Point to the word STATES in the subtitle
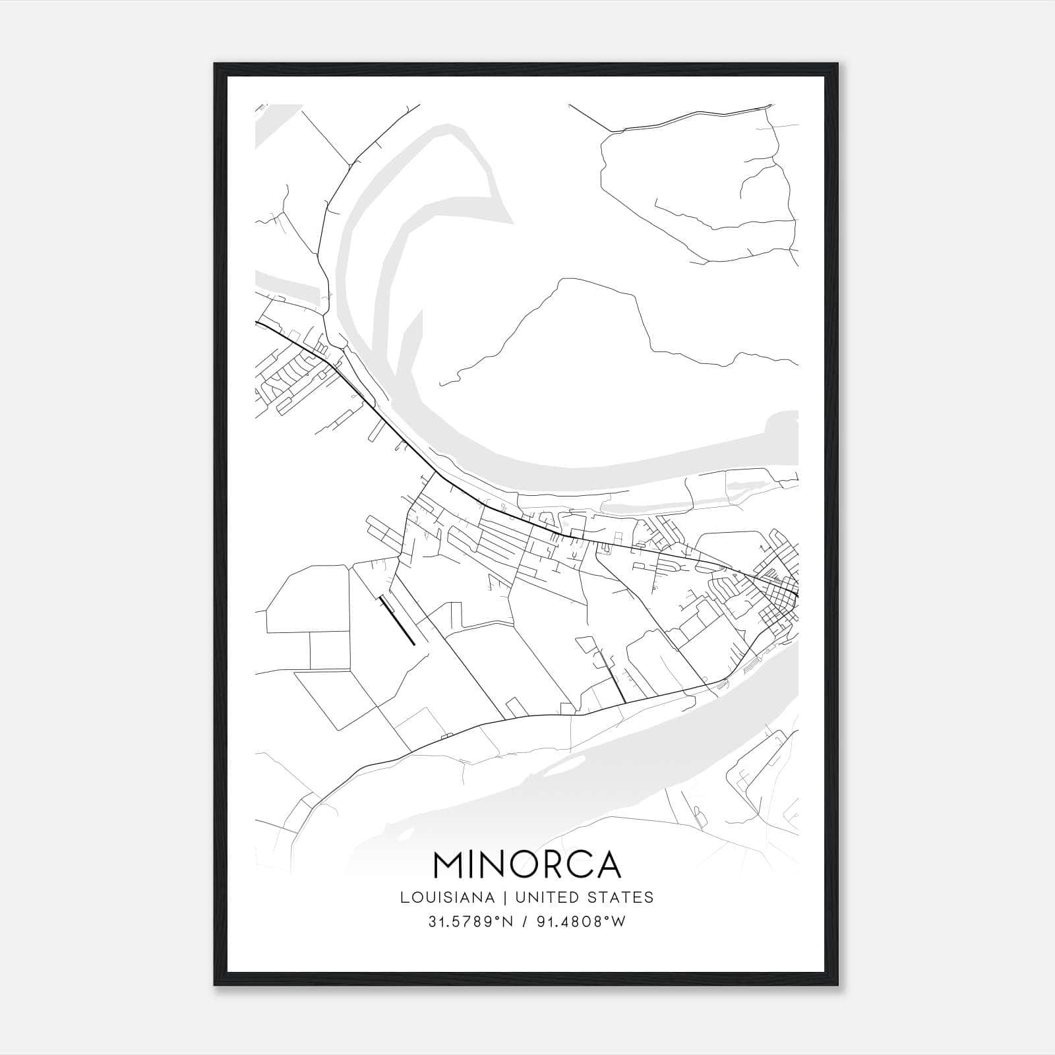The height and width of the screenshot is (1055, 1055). coord(623,897)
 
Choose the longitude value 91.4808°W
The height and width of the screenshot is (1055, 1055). coord(581,922)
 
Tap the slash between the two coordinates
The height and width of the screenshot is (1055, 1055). coord(526,922)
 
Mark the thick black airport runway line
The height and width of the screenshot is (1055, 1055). coord(398,622)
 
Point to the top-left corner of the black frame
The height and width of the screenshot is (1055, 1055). coord(216,65)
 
